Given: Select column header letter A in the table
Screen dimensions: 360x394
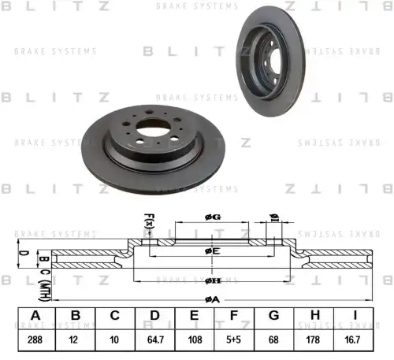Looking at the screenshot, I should pos(35,317).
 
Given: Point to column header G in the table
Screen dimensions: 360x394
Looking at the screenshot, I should pos(274,317).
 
